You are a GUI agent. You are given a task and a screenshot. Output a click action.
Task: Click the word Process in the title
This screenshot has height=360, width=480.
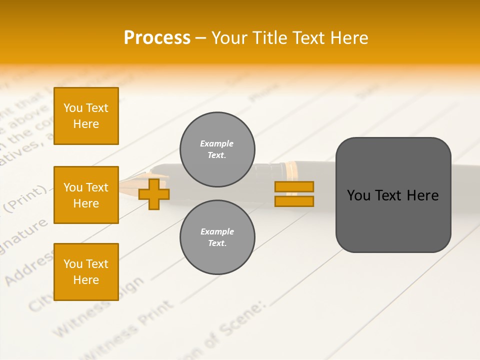pyautogui.click(x=157, y=38)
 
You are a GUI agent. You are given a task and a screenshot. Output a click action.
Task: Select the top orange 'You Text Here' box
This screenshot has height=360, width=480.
pyautogui.click(x=86, y=116)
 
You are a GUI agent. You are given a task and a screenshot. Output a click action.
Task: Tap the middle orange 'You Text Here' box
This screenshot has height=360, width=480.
pyautogui.click(x=86, y=195)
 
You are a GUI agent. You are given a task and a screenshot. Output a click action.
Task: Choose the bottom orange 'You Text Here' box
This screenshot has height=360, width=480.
pyautogui.click(x=86, y=272)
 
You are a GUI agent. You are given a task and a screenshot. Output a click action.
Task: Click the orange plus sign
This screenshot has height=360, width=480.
pyautogui.click(x=154, y=194)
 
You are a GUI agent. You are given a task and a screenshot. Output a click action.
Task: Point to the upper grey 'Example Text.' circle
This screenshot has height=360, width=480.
pyautogui.click(x=217, y=149)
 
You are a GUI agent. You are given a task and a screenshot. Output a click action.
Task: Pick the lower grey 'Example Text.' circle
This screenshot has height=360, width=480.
pyautogui.click(x=217, y=237)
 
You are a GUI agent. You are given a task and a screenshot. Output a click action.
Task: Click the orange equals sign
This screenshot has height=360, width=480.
pyautogui.click(x=294, y=194)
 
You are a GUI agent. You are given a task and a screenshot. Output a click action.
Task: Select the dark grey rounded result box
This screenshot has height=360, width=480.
pyautogui.click(x=393, y=195)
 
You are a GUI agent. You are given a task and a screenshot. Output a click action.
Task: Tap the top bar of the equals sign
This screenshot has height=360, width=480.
pyautogui.click(x=294, y=186)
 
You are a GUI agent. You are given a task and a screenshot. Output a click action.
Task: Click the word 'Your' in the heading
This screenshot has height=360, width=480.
pyautogui.click(x=230, y=38)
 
